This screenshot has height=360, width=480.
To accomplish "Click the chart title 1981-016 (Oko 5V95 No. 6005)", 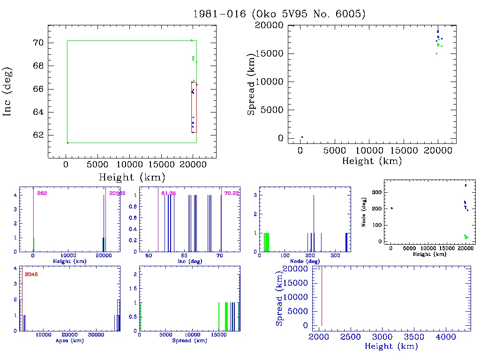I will tap(279, 14).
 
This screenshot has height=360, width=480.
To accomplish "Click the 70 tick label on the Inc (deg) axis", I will tap(38, 43).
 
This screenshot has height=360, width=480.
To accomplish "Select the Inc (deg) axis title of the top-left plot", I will tap(7, 91).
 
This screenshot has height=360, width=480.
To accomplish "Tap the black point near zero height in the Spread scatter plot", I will tap(302, 137).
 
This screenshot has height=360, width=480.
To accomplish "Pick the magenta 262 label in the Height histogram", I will tap(42, 193).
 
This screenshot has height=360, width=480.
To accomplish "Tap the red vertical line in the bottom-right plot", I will tap(322, 295).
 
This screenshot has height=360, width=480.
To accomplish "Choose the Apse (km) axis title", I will tap(69, 341).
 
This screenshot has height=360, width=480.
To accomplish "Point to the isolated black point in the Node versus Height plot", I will tap(391, 208).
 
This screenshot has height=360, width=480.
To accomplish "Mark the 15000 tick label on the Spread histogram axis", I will tap(218, 336).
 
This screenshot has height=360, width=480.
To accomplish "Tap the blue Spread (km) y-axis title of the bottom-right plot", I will tap(279, 296).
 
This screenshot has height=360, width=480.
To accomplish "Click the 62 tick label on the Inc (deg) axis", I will tap(38, 135).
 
